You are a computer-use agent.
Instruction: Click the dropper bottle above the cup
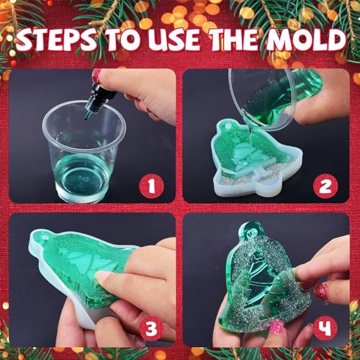(95, 93)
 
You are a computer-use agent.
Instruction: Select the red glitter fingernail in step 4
(321, 290)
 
